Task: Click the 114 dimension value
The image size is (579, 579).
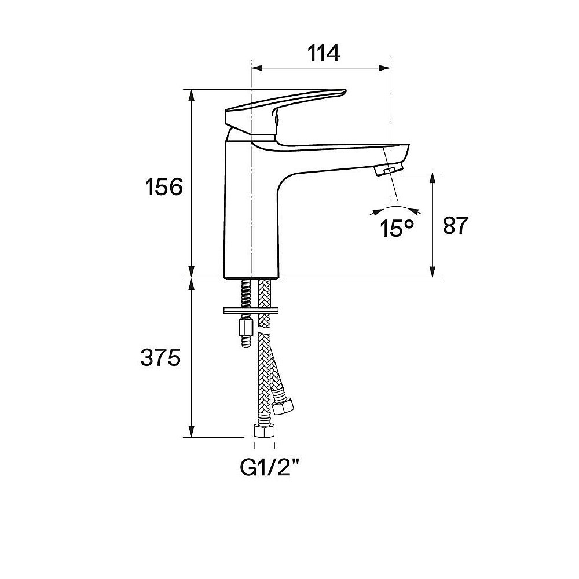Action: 324,53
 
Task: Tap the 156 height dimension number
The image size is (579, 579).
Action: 164,187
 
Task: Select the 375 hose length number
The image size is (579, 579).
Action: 160,357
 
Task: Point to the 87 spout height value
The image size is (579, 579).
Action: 456,225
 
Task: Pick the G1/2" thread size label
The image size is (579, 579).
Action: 270,468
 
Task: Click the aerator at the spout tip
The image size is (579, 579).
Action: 389,170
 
